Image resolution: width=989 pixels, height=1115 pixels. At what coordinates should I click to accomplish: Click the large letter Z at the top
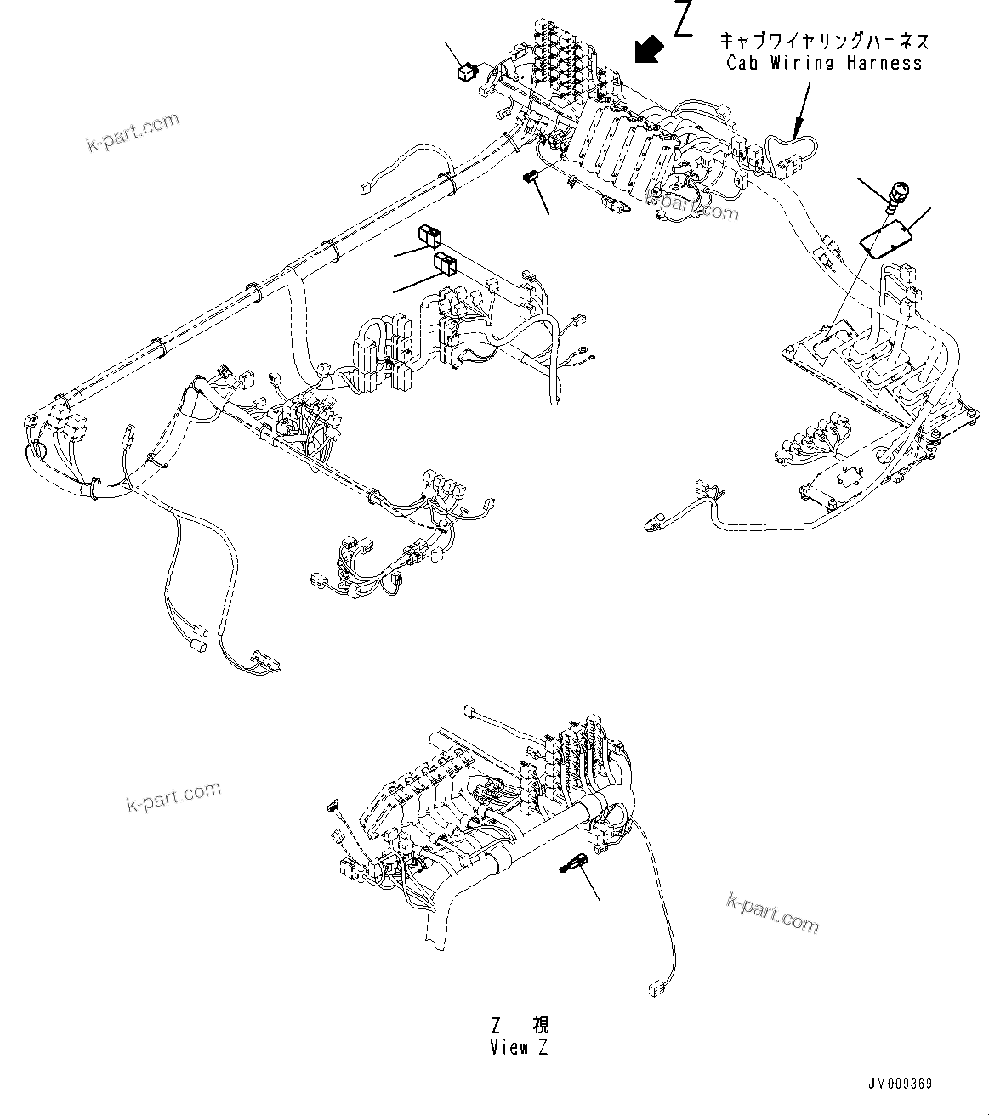tap(684, 20)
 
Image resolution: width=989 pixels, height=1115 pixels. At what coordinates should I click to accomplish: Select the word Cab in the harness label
tap(745, 63)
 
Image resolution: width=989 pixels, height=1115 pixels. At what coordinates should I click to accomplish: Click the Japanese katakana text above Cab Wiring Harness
tap(824, 41)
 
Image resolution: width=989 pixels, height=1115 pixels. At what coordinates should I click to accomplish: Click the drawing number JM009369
tap(901, 1084)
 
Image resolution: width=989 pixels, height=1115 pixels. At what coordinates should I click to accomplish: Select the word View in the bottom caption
tap(509, 1048)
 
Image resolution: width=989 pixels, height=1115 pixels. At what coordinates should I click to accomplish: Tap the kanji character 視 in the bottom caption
tap(540, 1027)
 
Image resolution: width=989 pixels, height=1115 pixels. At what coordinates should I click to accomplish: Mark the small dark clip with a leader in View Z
tap(570, 865)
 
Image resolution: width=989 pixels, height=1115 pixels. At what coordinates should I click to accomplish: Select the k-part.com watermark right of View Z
tap(772, 912)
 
